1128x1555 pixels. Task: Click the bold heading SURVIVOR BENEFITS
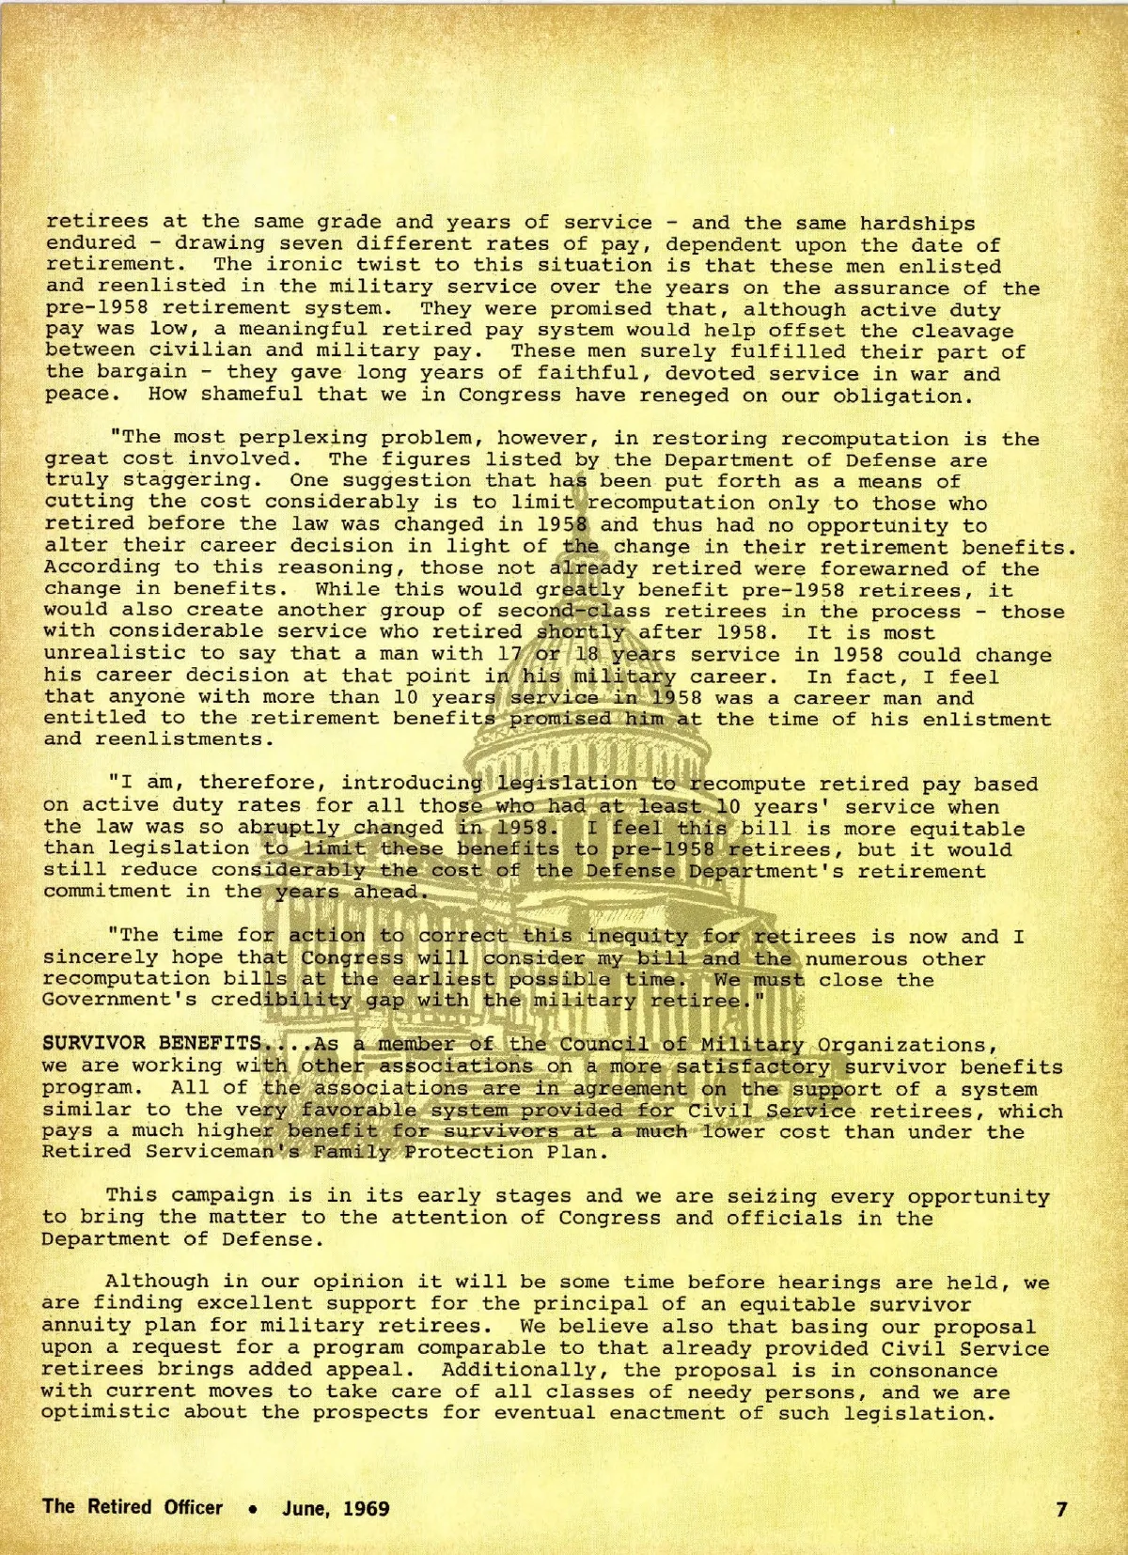151,1044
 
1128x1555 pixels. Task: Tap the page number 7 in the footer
1061,1509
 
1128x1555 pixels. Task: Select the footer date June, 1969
336,1508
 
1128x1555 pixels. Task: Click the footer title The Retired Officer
133,1507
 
